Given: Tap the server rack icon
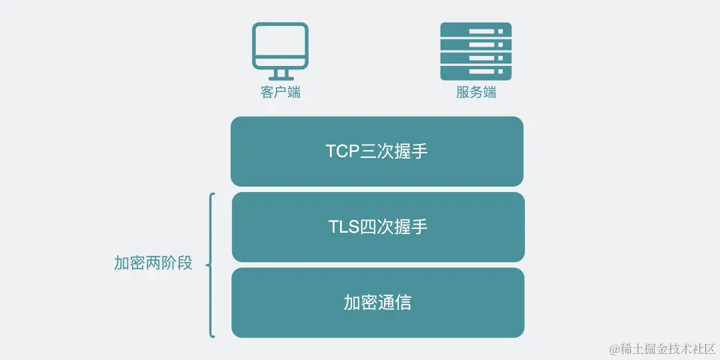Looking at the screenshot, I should [x=476, y=51].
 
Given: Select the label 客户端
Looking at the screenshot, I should [x=280, y=92].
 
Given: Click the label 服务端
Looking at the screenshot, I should [x=476, y=92].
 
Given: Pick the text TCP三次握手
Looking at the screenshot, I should [x=377, y=151].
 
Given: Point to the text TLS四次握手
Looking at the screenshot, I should [x=378, y=227].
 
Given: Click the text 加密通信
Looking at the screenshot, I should [x=377, y=303].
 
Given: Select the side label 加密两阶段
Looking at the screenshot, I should [x=153, y=263].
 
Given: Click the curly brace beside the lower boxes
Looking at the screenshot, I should [x=211, y=265].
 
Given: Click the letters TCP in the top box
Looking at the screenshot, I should [x=342, y=151].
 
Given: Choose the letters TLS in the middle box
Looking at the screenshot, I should [x=343, y=227].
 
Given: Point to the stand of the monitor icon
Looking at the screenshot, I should [x=280, y=74].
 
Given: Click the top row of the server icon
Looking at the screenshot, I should [x=476, y=31].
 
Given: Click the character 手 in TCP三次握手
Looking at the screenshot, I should [x=419, y=151].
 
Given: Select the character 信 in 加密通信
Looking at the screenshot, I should [x=403, y=303].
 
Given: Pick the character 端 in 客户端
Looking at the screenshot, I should [x=293, y=92].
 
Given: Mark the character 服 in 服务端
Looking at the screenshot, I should [x=463, y=92].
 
